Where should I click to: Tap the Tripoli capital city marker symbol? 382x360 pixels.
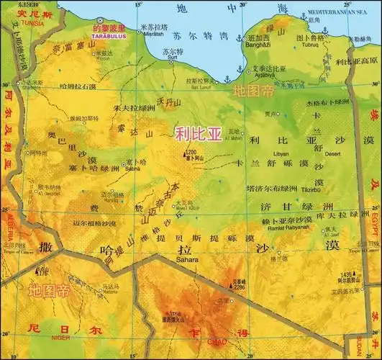[99, 21]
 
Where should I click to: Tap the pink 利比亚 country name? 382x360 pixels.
[199, 133]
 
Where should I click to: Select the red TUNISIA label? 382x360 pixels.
[17, 21]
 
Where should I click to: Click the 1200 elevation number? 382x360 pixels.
[191, 152]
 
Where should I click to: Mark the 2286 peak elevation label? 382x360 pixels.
[240, 287]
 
